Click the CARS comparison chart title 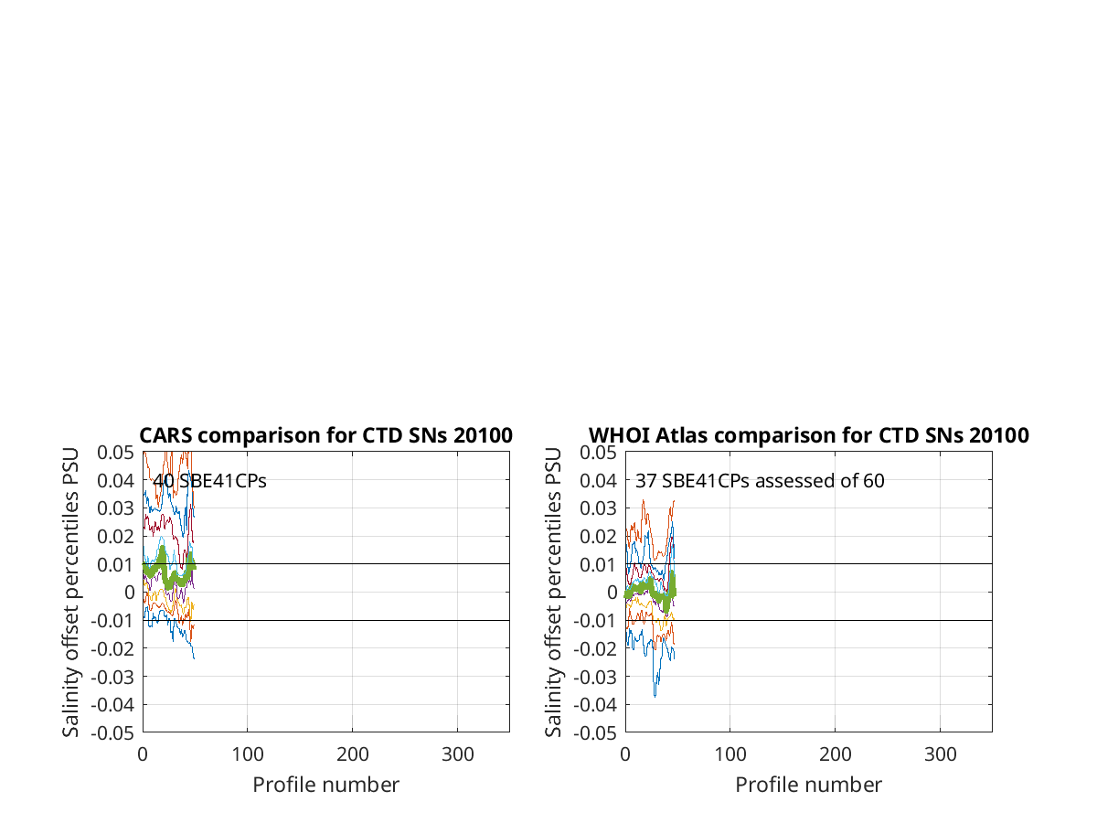(x=325, y=436)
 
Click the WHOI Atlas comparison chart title (x=809, y=436)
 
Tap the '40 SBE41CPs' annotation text (x=209, y=481)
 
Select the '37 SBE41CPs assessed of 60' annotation (x=760, y=481)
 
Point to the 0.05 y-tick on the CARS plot (x=115, y=453)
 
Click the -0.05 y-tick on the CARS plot (x=112, y=733)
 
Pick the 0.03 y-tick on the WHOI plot (x=598, y=508)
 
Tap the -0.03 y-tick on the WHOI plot (x=595, y=677)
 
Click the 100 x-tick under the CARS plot (x=248, y=754)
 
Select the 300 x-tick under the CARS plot (x=458, y=754)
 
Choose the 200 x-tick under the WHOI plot (x=836, y=754)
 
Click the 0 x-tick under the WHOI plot (x=625, y=754)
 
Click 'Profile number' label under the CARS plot (x=325, y=786)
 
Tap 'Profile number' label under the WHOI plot (x=809, y=786)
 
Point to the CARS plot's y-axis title (x=70, y=593)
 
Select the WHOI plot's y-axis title (x=553, y=593)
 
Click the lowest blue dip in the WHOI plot (x=655, y=696)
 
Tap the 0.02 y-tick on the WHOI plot (x=598, y=537)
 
